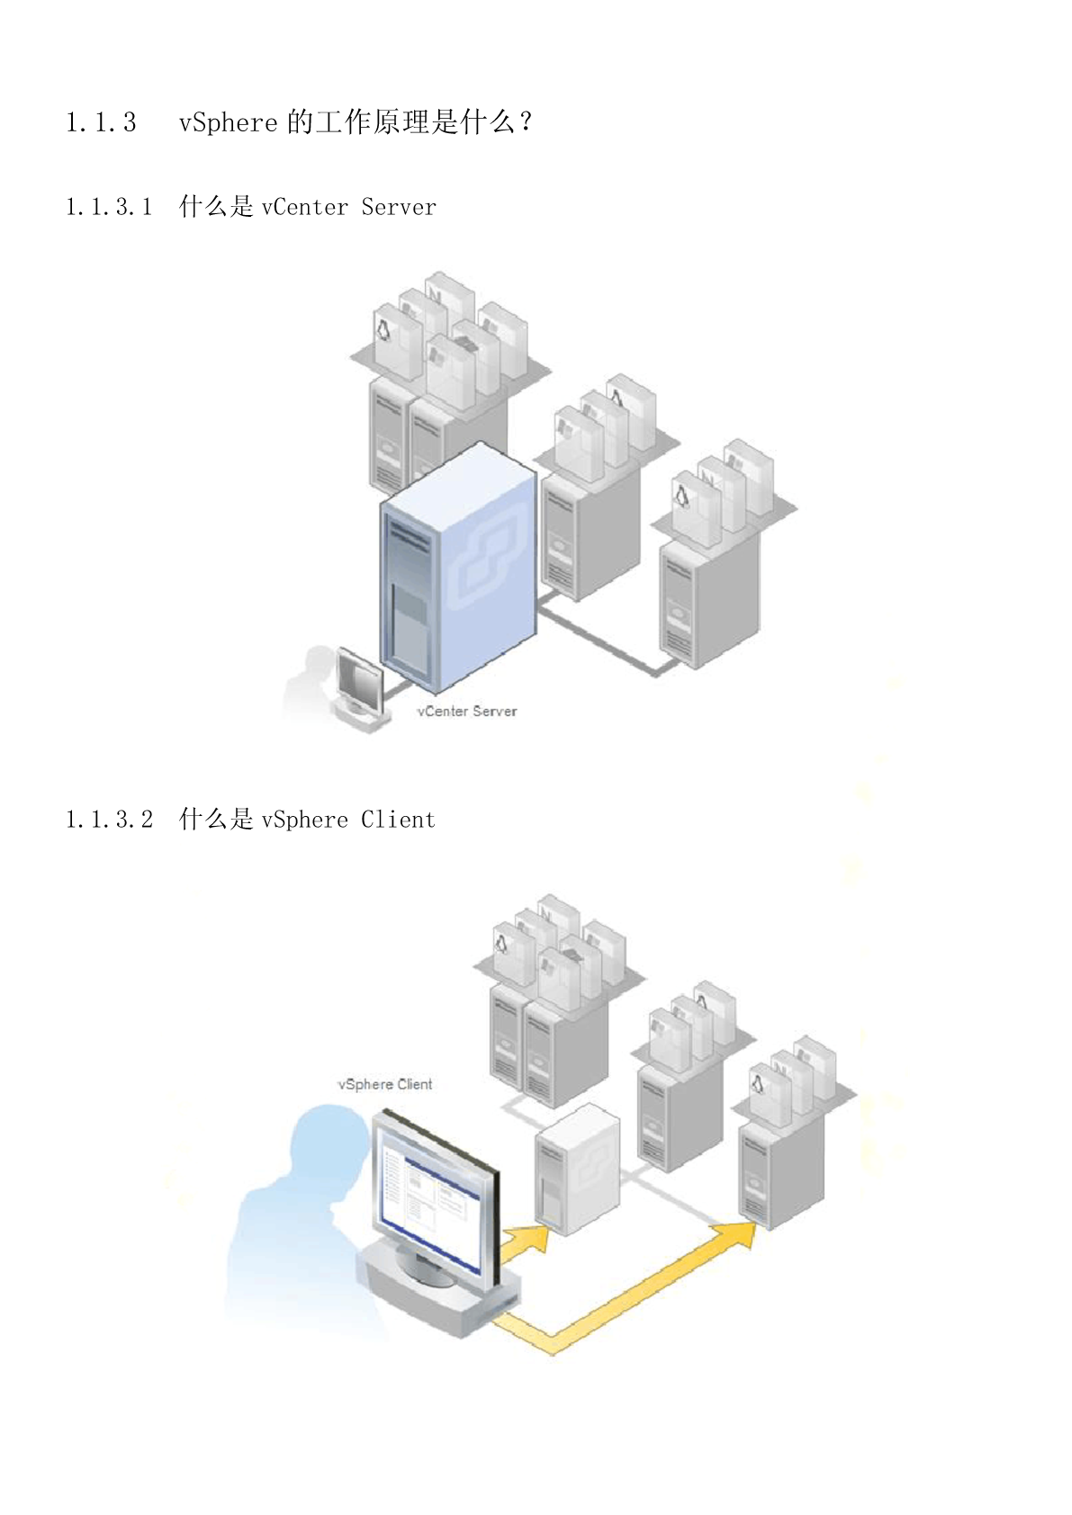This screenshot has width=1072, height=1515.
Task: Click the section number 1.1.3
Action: pyautogui.click(x=101, y=122)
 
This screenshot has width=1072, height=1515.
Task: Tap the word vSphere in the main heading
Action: pyautogui.click(x=228, y=122)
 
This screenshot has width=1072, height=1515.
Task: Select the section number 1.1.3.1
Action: pyautogui.click(x=109, y=208)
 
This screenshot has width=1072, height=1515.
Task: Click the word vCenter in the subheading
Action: pyautogui.click(x=304, y=208)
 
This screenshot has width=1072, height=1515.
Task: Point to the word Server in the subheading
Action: pyautogui.click(x=399, y=208)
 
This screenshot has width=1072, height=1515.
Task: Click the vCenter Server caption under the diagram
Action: pyautogui.click(x=466, y=712)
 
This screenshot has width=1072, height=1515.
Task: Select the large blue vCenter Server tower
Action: pyautogui.click(x=459, y=567)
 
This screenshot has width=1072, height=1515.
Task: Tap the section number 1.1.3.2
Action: pyautogui.click(x=109, y=820)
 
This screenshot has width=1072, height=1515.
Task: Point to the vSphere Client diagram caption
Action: pyautogui.click(x=384, y=1085)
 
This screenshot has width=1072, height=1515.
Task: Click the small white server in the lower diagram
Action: pyautogui.click(x=577, y=1170)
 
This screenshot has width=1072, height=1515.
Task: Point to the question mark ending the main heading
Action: pyautogui.click(x=526, y=122)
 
